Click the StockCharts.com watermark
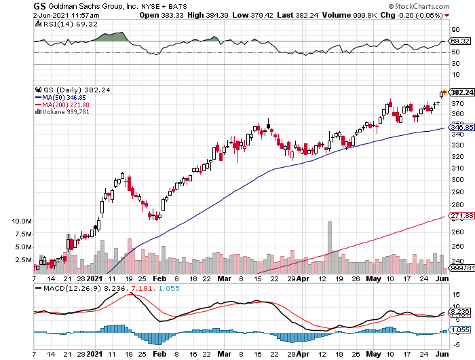440,6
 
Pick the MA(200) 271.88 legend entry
66,105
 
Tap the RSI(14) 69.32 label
58,23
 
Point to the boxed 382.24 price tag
461,92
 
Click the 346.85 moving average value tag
461,127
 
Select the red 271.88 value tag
461,216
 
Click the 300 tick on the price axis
456,179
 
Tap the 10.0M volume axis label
22,221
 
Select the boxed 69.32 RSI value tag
461,41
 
